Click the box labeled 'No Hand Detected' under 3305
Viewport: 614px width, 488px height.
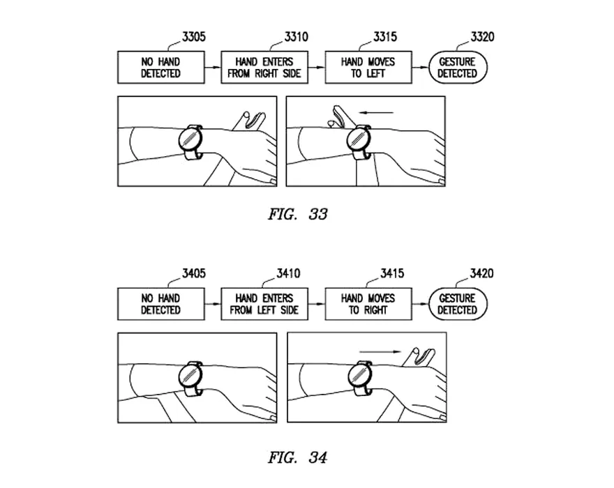(160, 68)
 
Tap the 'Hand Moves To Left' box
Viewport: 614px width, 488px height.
(368, 68)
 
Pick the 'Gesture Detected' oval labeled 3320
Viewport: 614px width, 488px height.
(457, 68)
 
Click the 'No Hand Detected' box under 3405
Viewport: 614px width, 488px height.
(160, 304)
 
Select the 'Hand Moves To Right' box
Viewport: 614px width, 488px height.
(368, 304)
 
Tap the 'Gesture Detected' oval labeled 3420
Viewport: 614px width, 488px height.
(457, 304)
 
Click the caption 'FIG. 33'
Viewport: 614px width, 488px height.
(297, 214)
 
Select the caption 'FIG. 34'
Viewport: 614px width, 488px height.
(297, 457)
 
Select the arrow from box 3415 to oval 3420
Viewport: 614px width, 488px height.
(420, 304)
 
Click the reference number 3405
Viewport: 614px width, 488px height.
(193, 273)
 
